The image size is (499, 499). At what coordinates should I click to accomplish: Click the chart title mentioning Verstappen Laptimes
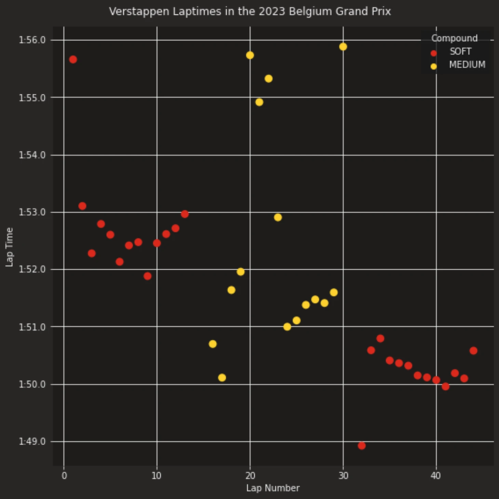click(x=249, y=12)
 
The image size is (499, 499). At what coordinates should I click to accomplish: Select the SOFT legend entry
click(x=460, y=52)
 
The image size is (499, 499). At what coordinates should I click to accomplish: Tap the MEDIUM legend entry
click(x=467, y=65)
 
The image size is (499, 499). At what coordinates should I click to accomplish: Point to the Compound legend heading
click(x=454, y=38)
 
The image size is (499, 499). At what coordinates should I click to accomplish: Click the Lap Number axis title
click(x=273, y=488)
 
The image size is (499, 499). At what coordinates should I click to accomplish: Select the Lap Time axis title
click(x=9, y=247)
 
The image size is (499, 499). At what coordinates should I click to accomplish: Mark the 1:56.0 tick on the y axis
click(x=32, y=40)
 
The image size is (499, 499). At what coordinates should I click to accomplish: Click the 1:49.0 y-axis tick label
click(x=32, y=441)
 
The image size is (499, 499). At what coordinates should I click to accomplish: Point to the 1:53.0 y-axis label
click(x=32, y=212)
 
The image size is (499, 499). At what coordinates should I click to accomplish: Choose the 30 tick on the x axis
click(x=343, y=475)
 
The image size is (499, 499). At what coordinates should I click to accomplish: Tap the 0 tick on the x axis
click(x=64, y=475)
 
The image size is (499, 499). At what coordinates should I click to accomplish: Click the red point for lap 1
click(x=73, y=59)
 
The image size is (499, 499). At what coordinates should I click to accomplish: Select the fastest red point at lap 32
click(x=362, y=445)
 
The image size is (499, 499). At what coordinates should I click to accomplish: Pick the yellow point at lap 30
click(x=343, y=46)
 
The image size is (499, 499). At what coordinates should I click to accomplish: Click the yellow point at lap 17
click(x=222, y=378)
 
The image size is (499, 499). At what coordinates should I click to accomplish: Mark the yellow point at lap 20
click(x=250, y=55)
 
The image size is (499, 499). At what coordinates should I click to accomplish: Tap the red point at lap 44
click(x=473, y=351)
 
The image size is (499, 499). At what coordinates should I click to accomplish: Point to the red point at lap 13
click(x=185, y=214)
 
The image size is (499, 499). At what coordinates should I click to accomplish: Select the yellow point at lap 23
click(x=278, y=217)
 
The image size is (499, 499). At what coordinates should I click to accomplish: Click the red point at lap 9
click(x=147, y=276)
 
